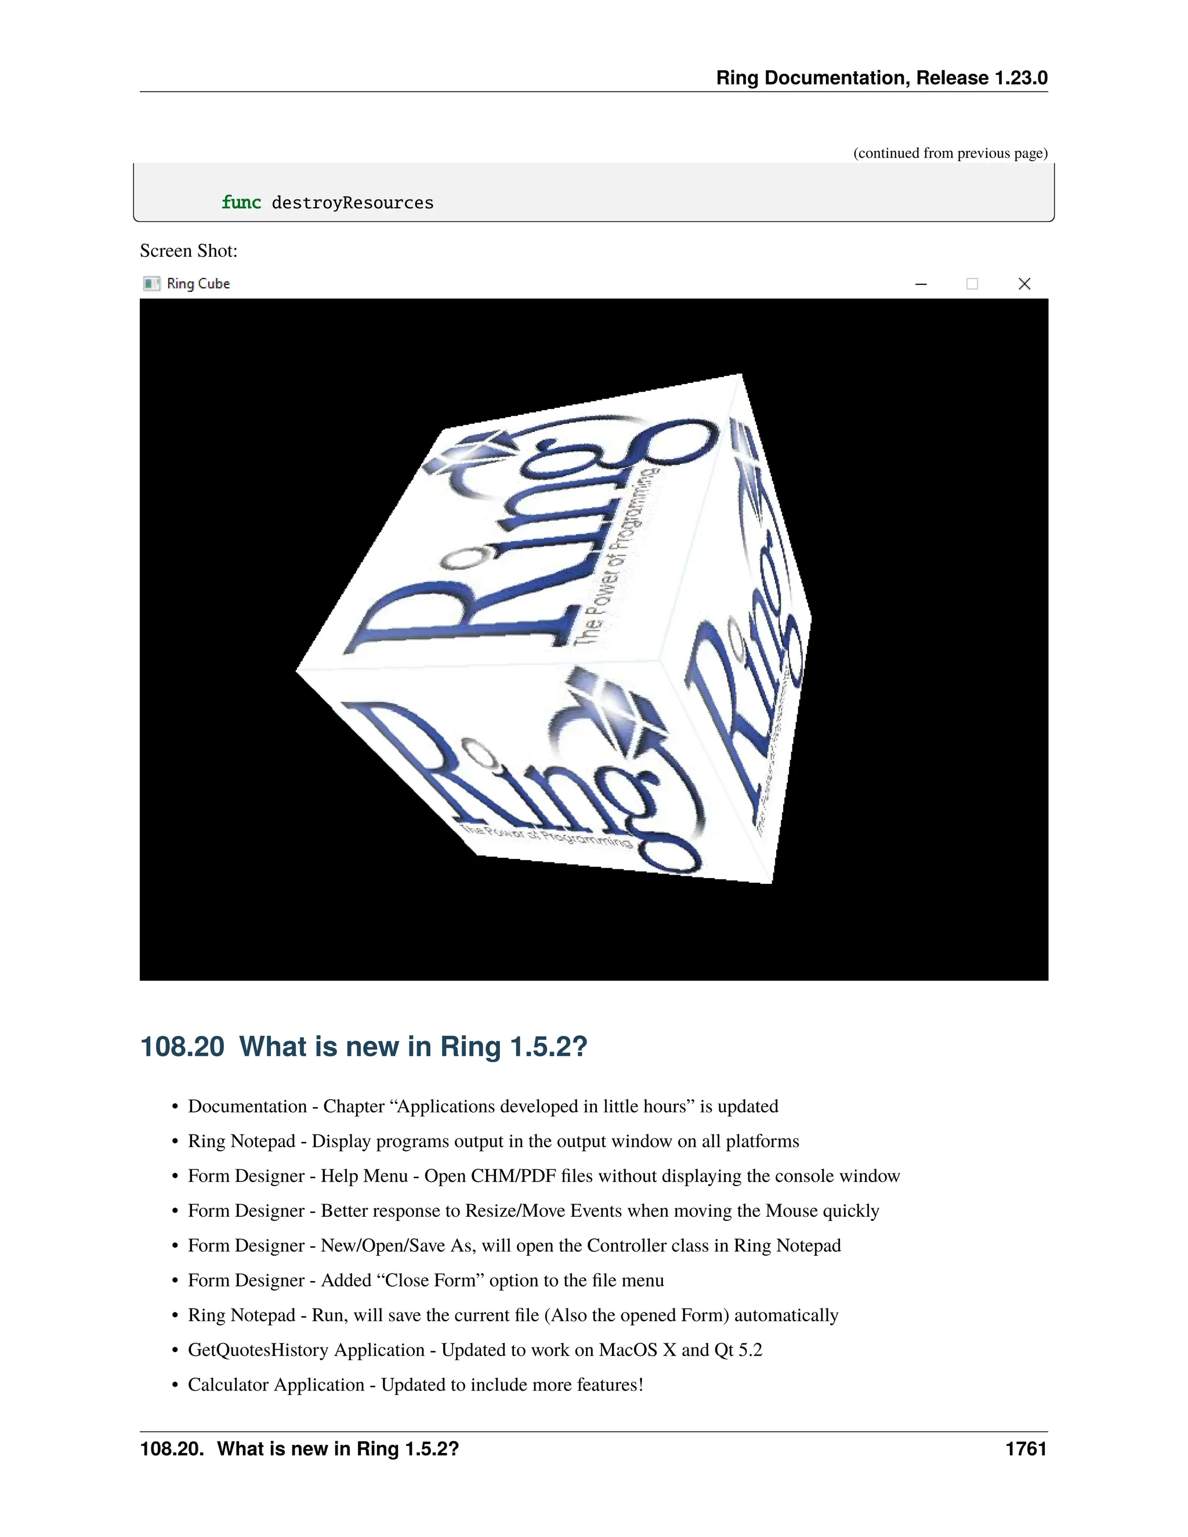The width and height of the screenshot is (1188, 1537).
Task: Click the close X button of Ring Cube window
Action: click(x=1024, y=284)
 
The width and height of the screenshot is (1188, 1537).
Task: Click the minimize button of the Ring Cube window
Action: click(x=921, y=284)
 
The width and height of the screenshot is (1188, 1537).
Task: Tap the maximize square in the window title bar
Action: click(x=972, y=284)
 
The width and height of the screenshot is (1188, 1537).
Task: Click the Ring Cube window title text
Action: click(x=198, y=284)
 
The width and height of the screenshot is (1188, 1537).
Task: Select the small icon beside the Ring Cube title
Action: click(x=151, y=284)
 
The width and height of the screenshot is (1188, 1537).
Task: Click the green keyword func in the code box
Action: click(x=241, y=202)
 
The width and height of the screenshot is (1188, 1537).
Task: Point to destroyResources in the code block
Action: click(x=352, y=202)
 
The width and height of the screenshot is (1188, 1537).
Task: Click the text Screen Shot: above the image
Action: click(x=189, y=251)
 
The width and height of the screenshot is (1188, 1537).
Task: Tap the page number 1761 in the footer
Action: click(x=1026, y=1449)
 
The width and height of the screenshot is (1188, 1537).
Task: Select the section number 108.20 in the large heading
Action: click(x=182, y=1046)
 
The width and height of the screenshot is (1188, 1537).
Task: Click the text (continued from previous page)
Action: click(x=950, y=154)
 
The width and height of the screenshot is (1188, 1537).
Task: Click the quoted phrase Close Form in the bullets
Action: click(x=431, y=1280)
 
